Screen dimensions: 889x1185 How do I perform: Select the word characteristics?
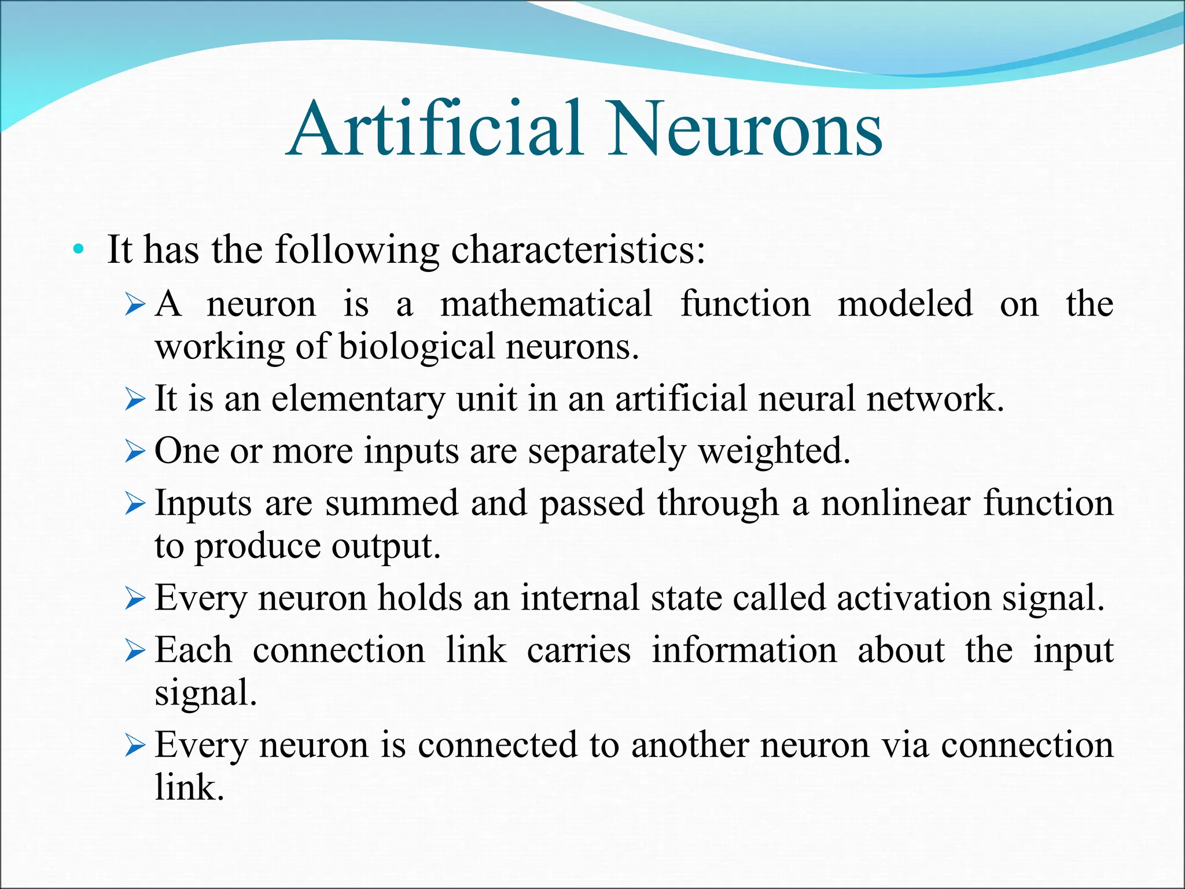[x=578, y=250]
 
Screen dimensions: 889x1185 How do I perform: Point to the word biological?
[x=417, y=347]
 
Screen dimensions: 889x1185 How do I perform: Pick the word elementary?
[x=358, y=399]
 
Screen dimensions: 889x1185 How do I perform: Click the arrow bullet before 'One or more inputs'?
[x=135, y=451]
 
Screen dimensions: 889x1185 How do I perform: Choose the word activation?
[x=914, y=598]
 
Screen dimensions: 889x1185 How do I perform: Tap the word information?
[x=744, y=650]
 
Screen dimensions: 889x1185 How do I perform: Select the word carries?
[x=579, y=650]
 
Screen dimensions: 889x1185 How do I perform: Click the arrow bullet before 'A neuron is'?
[x=135, y=305]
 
